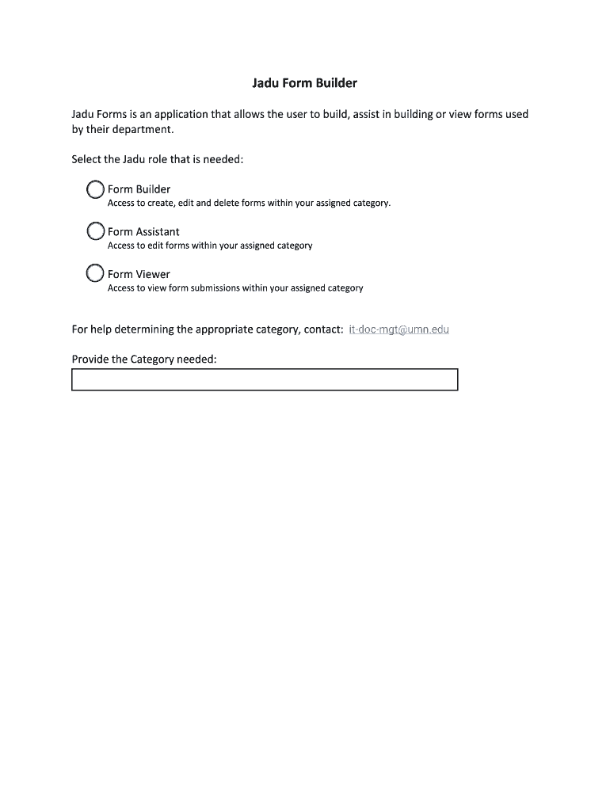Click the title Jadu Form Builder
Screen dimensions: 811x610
[304, 82]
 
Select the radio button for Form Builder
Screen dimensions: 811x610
[95, 189]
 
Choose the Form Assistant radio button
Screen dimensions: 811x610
[95, 231]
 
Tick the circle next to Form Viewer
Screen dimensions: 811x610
[95, 274]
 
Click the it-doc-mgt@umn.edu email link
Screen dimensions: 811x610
[398, 329]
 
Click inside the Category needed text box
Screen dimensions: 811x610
[265, 380]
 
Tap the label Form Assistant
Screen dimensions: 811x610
[143, 232]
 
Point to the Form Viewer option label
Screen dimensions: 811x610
[139, 275]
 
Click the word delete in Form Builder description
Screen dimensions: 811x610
[227, 204]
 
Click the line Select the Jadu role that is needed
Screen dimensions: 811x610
[158, 160]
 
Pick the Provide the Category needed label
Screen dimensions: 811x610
[144, 360]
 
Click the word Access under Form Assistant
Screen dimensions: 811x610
[121, 246]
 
